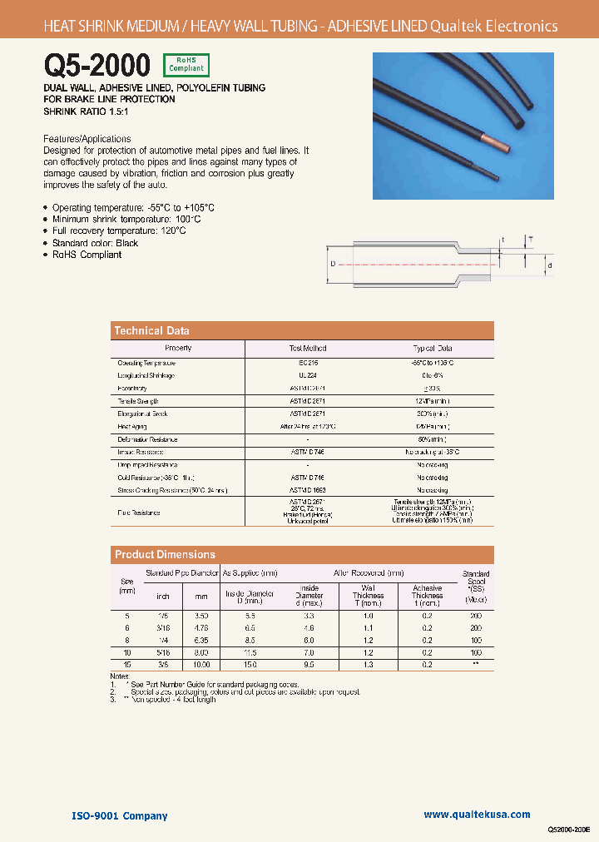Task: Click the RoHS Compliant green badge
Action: click(186, 65)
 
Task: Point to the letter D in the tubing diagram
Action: click(333, 264)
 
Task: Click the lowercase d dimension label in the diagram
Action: click(549, 265)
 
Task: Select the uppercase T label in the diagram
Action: click(531, 239)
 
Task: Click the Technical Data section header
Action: click(151, 330)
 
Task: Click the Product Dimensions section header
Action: click(165, 554)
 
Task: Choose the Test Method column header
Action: click(307, 349)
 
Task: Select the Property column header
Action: click(178, 349)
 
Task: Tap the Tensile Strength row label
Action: click(138, 400)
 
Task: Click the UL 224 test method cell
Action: click(307, 375)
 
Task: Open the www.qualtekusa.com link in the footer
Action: click(477, 815)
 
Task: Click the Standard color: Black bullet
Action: click(95, 243)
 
